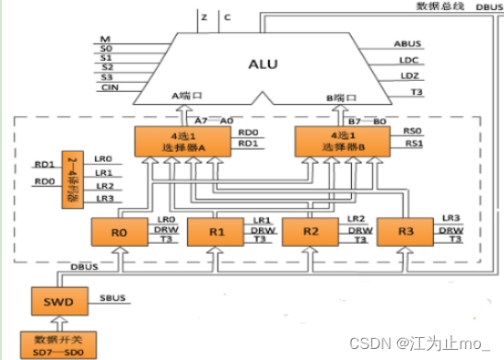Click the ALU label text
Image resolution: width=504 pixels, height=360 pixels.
point(263,64)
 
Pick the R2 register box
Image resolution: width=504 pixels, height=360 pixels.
point(311,232)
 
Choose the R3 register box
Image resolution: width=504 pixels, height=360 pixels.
point(406,232)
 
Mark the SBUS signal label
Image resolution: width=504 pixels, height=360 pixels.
point(111,300)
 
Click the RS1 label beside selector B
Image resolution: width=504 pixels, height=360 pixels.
point(414,144)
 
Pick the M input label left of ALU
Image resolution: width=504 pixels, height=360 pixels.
point(105,37)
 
